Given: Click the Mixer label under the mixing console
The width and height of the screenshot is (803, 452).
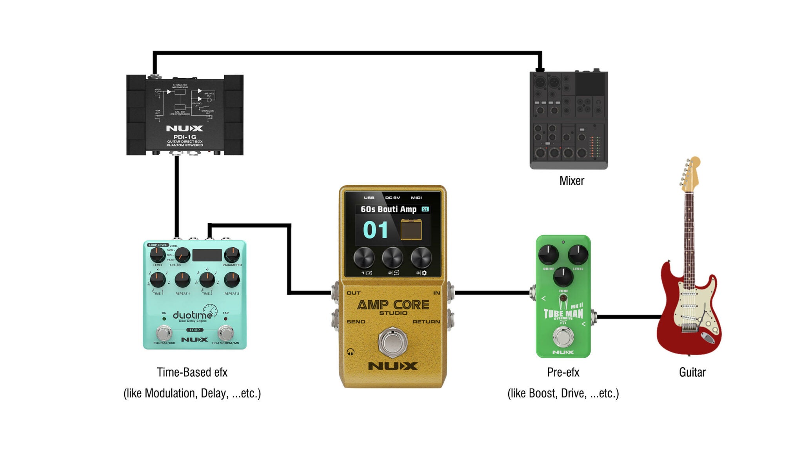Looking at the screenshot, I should tap(571, 181).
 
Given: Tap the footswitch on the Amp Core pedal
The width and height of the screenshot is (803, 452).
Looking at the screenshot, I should tap(392, 342).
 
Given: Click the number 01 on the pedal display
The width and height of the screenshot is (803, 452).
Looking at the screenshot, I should tap(375, 230).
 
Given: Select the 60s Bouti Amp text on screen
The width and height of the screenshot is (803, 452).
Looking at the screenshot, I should tap(388, 209).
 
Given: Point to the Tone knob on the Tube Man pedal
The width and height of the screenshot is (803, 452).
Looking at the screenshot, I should tap(563, 277).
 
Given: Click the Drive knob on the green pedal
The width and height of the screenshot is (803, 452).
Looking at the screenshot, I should tap(548, 255).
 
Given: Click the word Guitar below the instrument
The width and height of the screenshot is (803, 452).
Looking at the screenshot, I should tap(692, 372).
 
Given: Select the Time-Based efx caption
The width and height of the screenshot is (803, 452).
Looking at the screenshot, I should tap(192, 372).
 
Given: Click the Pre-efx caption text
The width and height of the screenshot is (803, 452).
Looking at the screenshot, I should tap(563, 372).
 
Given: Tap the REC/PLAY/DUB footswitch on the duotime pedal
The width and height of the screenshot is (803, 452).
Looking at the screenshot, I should tap(164, 333).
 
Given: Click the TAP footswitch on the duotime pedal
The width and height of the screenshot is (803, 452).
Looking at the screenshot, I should tap(226, 333).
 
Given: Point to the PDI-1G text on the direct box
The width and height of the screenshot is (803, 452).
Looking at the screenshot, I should tap(185, 137).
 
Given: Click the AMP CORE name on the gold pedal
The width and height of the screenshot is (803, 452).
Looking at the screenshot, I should tap(393, 305).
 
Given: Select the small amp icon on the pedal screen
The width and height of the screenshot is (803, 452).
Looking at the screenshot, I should tap(411, 230).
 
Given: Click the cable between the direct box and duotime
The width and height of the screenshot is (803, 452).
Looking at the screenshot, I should tap(177, 196).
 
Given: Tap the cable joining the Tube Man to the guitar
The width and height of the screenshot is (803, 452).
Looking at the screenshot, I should tap(627, 317).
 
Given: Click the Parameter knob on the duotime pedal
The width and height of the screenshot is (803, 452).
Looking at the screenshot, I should tap(232, 255).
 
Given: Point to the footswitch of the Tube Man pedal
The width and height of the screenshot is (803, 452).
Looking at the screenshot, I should tap(563, 336).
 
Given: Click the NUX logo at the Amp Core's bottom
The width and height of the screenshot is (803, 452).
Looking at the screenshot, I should tap(393, 366).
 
